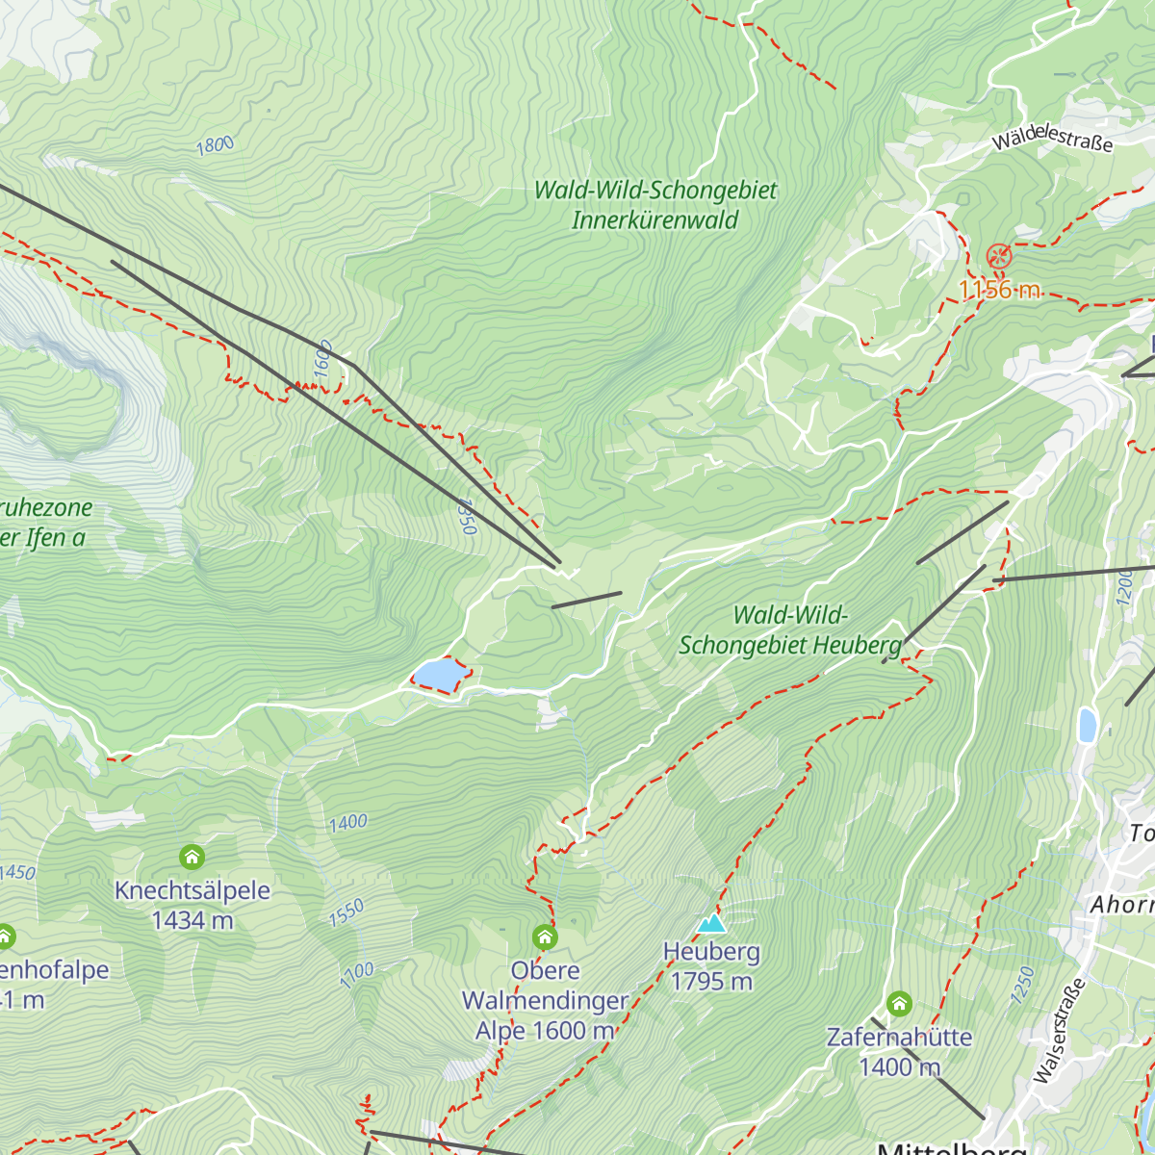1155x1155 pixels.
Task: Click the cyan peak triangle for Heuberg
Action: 711,923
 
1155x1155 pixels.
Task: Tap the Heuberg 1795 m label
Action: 711,966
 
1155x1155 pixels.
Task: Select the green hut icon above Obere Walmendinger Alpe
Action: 545,937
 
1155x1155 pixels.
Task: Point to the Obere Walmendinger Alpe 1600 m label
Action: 545,1001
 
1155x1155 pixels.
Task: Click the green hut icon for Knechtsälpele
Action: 192,857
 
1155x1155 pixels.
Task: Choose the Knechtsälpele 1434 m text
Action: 192,905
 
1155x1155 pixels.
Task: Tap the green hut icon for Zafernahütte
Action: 899,1004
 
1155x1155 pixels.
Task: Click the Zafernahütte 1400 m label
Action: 899,1052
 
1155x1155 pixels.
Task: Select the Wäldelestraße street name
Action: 1052,141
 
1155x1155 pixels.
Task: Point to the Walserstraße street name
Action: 1059,1031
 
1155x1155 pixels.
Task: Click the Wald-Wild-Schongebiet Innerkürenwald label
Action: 655,205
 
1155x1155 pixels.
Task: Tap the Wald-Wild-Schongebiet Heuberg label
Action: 790,630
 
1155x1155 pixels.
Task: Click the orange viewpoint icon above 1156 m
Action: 999,256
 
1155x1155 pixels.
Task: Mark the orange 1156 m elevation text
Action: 999,290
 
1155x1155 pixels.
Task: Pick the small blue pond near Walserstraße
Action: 1087,725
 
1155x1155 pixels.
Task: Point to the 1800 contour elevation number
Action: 215,145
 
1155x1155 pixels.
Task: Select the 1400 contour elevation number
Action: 347,823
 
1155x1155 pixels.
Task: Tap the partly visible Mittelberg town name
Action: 951,1147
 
